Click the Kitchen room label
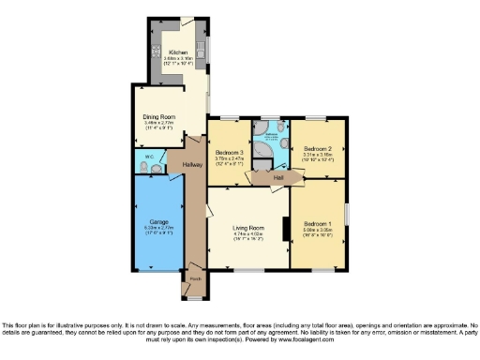click(178, 52)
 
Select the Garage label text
click(157, 221)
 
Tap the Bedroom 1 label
click(315, 223)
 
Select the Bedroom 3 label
click(230, 152)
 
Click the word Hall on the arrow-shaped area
click(279, 176)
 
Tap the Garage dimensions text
click(157, 230)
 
